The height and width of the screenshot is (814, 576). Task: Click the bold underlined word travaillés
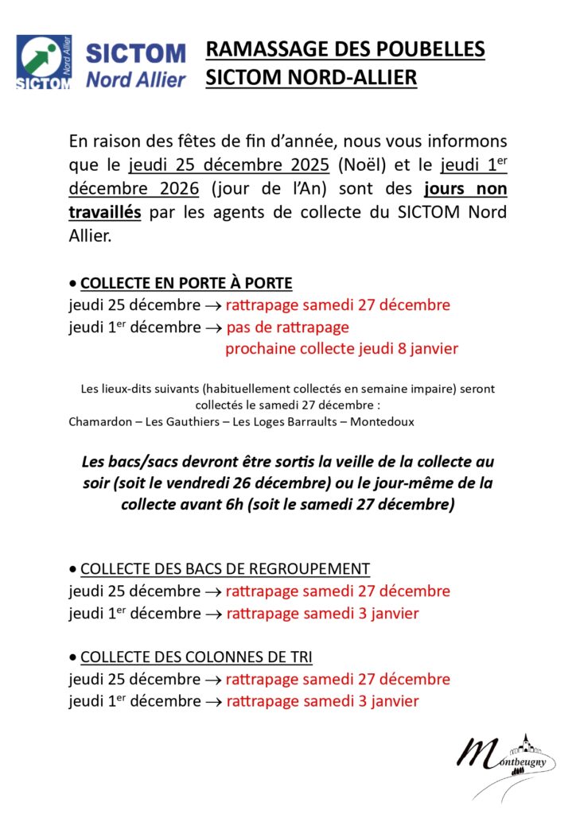click(x=105, y=213)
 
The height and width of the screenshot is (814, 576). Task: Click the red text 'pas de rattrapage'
click(x=287, y=327)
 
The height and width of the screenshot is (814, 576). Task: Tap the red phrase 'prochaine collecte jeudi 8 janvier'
click(x=341, y=348)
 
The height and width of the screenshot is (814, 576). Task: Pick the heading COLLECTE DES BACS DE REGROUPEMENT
click(x=225, y=568)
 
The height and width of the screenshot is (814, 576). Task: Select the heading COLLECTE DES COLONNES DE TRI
click(x=197, y=657)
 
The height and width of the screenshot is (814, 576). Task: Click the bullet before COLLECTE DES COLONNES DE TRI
click(x=73, y=657)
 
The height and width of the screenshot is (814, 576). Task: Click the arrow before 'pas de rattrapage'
click(x=213, y=328)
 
